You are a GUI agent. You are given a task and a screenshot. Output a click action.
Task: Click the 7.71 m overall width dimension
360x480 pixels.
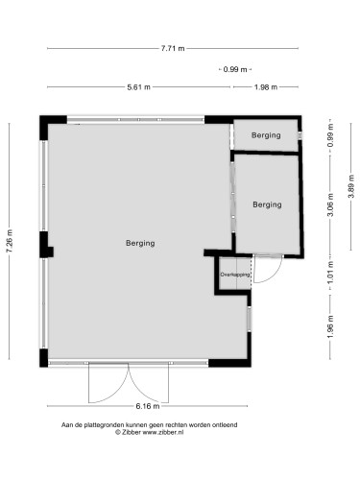tap(173, 48)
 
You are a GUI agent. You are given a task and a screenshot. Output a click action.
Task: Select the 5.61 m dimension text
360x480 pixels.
tap(139, 87)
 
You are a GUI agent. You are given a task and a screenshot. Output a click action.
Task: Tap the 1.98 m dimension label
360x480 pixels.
tap(266, 87)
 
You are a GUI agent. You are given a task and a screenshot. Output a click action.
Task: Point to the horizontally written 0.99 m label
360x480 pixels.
tap(234, 69)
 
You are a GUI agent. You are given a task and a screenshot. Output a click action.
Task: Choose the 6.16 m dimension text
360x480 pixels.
tap(173, 407)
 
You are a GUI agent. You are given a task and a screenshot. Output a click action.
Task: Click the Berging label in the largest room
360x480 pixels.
tap(140, 244)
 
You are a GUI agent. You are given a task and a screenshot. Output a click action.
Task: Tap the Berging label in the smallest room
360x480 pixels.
tap(266, 135)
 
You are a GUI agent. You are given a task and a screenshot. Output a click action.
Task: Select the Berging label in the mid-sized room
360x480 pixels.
tap(268, 204)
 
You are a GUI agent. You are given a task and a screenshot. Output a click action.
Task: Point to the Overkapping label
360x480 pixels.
tap(234, 276)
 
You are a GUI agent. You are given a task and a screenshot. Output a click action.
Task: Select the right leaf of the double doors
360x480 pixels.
tap(152, 384)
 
